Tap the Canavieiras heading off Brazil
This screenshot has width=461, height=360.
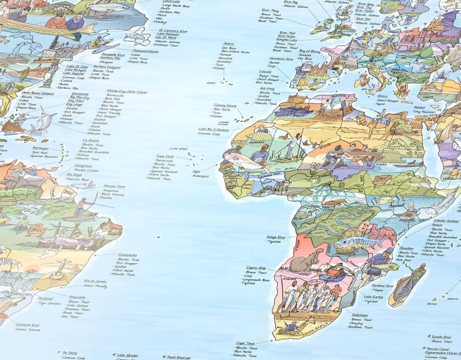[x=127, y=254]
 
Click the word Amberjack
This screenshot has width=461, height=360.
[x=201, y=176]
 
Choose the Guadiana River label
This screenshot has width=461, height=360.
[x=280, y=59]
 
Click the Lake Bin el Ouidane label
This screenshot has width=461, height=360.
[x=213, y=129]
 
